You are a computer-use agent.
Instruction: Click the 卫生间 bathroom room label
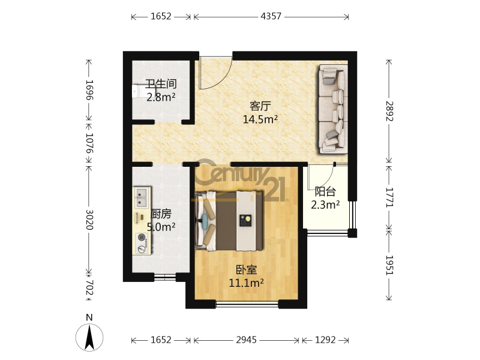coord(161,83)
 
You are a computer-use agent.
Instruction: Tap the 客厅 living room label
coord(260,106)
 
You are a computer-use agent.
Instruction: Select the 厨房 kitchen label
coord(161,214)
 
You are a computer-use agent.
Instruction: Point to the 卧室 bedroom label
coord(247,269)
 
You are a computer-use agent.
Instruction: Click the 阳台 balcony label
coord(325,191)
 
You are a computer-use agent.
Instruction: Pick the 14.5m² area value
coord(260,119)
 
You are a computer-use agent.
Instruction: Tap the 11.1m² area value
coord(247,283)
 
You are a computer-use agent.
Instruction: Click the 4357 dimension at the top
coord(271,16)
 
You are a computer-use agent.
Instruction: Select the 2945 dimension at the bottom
coord(247,340)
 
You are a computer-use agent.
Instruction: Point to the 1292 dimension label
coord(325,340)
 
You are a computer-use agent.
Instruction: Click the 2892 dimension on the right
coord(389,111)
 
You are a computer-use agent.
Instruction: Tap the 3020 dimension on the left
coord(89,220)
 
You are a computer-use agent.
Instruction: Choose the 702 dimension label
coord(89,288)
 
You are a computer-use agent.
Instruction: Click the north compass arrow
coord(89,337)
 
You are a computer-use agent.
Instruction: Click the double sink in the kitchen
coord(141,197)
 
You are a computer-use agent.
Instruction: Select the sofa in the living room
coord(333,109)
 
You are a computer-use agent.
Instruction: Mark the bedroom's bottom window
coord(247,304)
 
